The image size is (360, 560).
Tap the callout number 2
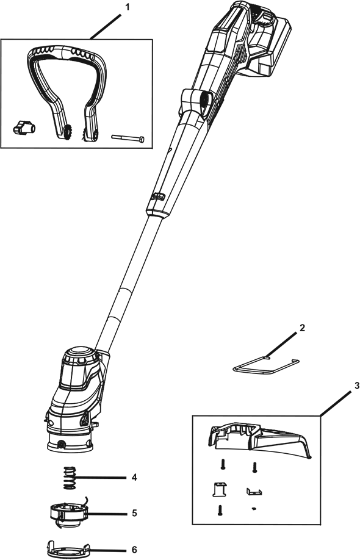click(302, 328)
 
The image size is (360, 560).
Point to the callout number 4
click(134, 477)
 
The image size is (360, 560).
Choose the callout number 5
click(134, 513)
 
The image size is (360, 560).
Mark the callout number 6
click(134, 550)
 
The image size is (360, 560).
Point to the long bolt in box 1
click(128, 138)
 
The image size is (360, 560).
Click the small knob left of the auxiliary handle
click(23, 127)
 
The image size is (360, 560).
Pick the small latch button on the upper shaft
click(158, 196)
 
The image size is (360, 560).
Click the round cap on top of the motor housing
click(78, 353)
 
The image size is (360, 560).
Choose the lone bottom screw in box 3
click(220, 509)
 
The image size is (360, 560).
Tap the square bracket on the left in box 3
click(220, 489)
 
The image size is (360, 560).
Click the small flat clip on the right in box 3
click(254, 492)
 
